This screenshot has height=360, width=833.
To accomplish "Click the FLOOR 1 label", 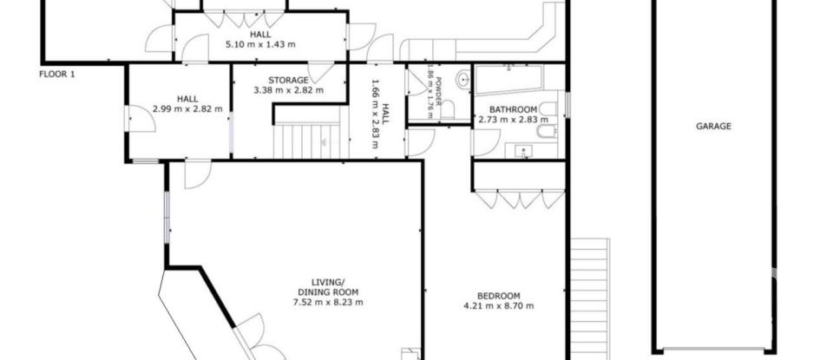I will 57,75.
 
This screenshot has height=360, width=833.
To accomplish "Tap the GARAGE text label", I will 713,126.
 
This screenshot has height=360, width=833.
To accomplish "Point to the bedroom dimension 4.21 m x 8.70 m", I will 498,305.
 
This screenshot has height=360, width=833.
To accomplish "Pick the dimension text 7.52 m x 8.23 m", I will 327,303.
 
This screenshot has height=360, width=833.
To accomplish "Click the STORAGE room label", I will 287,80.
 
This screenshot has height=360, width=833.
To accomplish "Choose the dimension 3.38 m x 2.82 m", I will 287,89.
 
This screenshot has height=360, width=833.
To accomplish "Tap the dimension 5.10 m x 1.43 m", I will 259,43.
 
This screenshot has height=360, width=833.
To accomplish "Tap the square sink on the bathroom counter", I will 523,149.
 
